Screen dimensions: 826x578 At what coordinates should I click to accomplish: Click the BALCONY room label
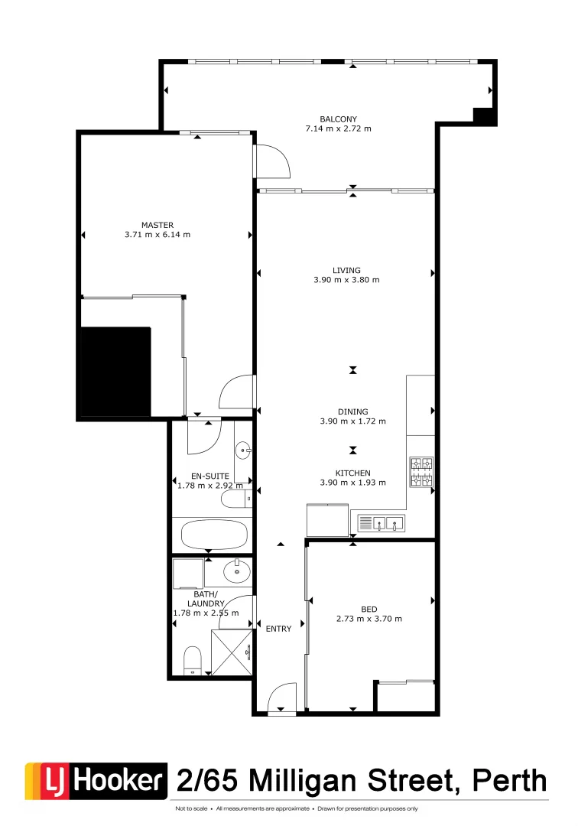[338, 119]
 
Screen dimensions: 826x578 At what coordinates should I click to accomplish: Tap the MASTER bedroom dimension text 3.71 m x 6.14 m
[157, 235]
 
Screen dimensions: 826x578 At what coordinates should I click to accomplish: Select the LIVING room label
[346, 270]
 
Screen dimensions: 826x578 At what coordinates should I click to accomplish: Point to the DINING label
[352, 411]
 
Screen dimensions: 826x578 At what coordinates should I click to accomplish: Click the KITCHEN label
[352, 473]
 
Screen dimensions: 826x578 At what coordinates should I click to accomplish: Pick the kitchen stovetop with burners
[421, 472]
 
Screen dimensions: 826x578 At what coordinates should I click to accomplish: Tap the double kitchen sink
[381, 524]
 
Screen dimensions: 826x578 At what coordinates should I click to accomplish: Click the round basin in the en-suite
[243, 449]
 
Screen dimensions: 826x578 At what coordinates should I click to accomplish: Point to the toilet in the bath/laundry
[193, 659]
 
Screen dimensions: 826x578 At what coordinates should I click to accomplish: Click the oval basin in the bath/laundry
[237, 570]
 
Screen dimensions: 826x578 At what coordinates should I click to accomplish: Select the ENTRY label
[278, 629]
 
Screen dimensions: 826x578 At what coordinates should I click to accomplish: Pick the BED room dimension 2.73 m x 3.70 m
[369, 619]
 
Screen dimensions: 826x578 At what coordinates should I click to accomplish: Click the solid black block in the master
[116, 372]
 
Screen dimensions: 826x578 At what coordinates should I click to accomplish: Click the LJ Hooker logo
[96, 781]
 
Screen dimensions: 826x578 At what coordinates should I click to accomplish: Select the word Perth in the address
[511, 781]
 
